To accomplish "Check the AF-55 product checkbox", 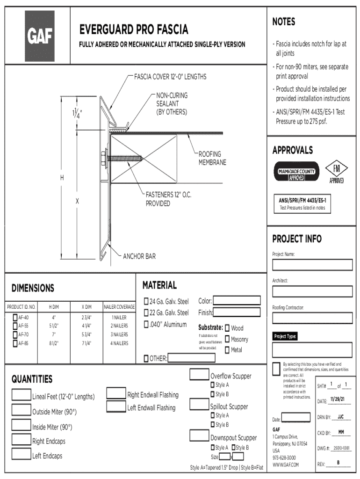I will pyautogui.click(x=15, y=326).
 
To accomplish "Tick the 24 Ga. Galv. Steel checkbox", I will pyautogui.click(x=146, y=301).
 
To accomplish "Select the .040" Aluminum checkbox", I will pyautogui.click(x=146, y=324).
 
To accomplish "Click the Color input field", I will pyautogui.click(x=237, y=301).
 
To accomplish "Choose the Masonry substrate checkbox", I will pyautogui.click(x=227, y=339).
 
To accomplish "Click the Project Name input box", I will pyautogui.click(x=312, y=265).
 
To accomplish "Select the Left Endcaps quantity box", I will pyautogui.click(x=21, y=454).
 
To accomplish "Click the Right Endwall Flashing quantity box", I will pyautogui.click(x=116, y=393).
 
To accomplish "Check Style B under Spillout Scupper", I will pyautogui.click(x=212, y=425).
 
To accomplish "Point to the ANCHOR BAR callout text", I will pyautogui.click(x=139, y=256).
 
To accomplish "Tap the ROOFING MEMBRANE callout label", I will pyautogui.click(x=212, y=158).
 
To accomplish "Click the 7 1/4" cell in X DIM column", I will pyautogui.click(x=86, y=343).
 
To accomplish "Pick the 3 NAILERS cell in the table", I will pyautogui.click(x=119, y=334).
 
